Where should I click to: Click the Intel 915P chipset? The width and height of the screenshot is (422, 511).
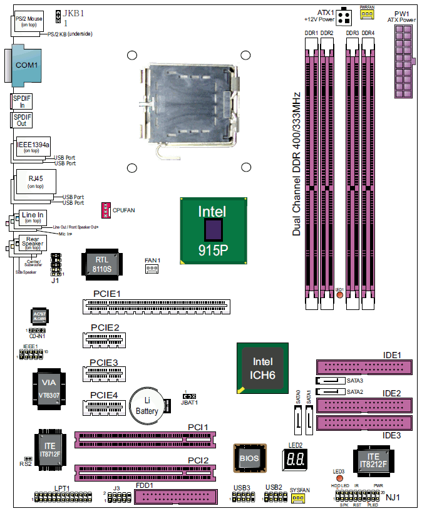click(x=212, y=231)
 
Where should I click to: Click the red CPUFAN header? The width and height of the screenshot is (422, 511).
click(x=106, y=209)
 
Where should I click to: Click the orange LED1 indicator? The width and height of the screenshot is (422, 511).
click(x=339, y=294)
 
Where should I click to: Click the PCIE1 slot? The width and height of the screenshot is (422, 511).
click(x=155, y=307)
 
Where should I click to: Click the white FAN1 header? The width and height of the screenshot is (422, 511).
click(x=151, y=269)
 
